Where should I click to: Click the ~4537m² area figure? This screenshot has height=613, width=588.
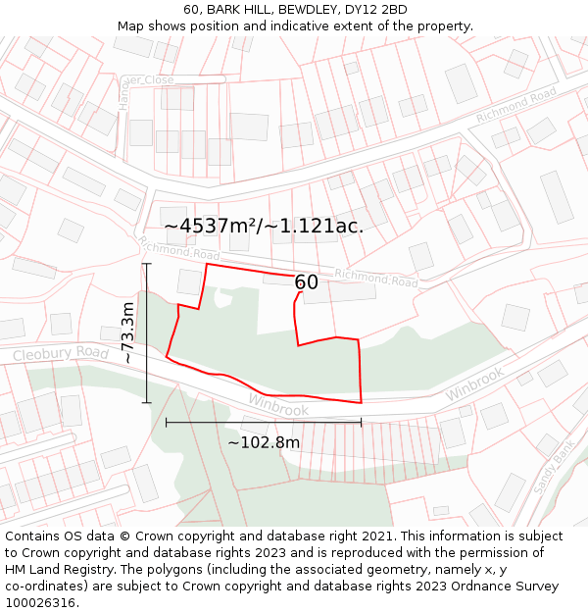point(210,226)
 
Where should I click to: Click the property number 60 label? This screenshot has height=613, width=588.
point(307,282)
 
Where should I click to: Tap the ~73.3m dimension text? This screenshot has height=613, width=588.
point(128,333)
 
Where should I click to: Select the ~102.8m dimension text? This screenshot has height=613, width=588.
point(264,442)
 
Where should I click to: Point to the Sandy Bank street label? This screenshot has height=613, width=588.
point(553,469)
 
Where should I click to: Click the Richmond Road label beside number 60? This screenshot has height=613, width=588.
point(376,279)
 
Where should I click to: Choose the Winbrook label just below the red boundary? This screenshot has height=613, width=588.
point(278,404)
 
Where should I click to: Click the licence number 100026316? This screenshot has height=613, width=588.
point(39,603)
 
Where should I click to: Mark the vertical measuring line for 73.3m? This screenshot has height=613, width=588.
point(147,333)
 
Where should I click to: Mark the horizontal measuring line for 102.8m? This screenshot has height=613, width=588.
point(264,423)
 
